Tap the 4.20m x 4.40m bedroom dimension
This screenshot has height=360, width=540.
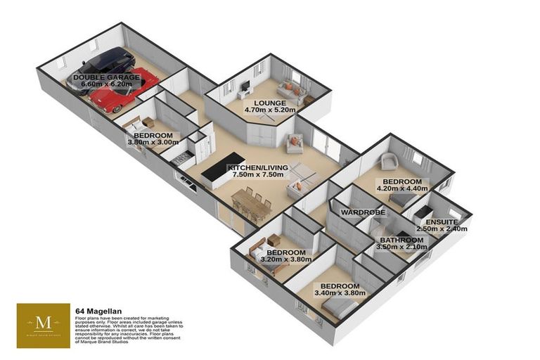[x=401, y=188]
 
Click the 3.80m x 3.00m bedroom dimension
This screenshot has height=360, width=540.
[x=153, y=143]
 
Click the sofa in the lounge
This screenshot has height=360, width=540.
[x=290, y=89]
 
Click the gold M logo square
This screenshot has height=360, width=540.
[x=44, y=324]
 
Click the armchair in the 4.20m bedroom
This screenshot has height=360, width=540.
[x=388, y=163]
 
